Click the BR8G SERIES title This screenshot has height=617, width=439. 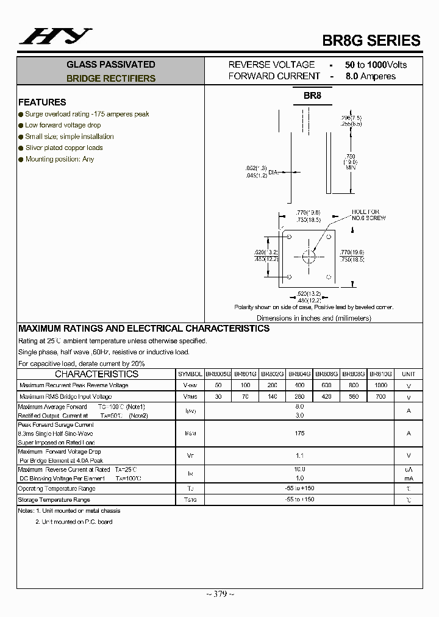tap(371, 41)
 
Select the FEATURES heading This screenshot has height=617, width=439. tap(42, 102)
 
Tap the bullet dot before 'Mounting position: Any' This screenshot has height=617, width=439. tap(21, 159)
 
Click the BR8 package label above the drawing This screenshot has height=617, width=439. tap(312, 96)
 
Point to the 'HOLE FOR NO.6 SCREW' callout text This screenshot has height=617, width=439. tap(369, 215)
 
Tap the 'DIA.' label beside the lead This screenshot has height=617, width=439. tap(273, 173)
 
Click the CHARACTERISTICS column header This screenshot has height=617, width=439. tap(96, 374)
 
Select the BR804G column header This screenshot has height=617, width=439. tap(299, 374)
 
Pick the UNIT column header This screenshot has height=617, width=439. tap(409, 374)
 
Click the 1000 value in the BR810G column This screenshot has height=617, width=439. tap(380, 385)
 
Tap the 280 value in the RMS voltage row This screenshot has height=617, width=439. tap(299, 397)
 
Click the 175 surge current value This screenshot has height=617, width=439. tap(299, 433)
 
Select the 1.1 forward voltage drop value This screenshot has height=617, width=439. tap(299, 455)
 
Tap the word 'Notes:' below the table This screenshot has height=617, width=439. tap(26, 511)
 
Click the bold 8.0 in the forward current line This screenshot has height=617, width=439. tap(352, 76)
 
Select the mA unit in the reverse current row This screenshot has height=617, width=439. tap(409, 479)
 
